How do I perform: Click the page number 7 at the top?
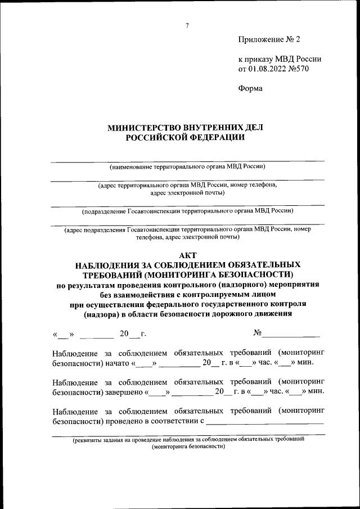(x=187, y=25)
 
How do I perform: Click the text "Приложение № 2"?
(x=269, y=40)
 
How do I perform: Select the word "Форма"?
(x=250, y=88)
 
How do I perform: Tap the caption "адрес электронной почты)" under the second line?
(x=187, y=192)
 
